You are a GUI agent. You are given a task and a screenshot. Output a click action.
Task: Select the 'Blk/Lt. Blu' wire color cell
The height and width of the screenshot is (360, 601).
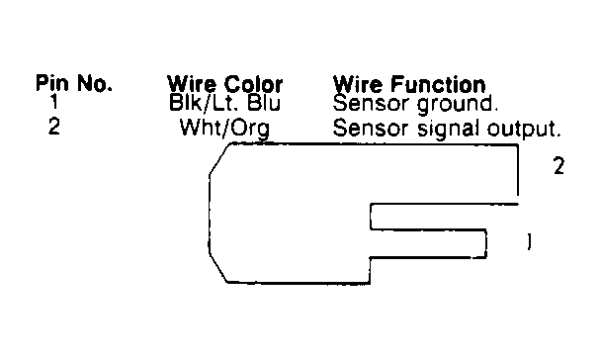225,102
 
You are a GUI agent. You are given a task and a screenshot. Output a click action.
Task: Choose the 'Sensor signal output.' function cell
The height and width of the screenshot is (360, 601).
448,129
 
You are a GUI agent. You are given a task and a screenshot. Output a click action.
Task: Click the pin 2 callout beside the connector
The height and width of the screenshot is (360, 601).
558,167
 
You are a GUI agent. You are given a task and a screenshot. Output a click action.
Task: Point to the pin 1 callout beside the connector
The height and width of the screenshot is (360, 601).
531,240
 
